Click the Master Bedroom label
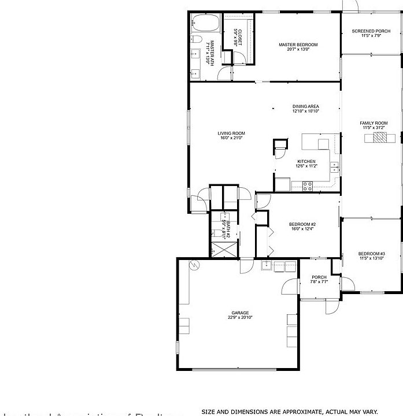tap(298, 44)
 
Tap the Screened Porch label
tap(371, 31)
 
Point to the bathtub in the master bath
tap(205, 25)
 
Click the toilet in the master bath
tap(196, 40)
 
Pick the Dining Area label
tap(305, 106)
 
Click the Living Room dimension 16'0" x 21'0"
tap(231, 138)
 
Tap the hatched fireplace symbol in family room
tap(381, 138)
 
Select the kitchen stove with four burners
tap(308, 185)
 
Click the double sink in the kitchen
tap(334, 168)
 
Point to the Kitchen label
tap(306, 161)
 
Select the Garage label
tap(241, 313)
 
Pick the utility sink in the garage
tap(267, 266)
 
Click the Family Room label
tap(374, 123)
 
